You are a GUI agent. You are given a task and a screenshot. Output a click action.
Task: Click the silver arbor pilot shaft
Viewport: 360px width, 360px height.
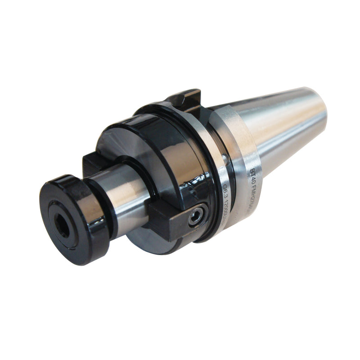126,189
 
